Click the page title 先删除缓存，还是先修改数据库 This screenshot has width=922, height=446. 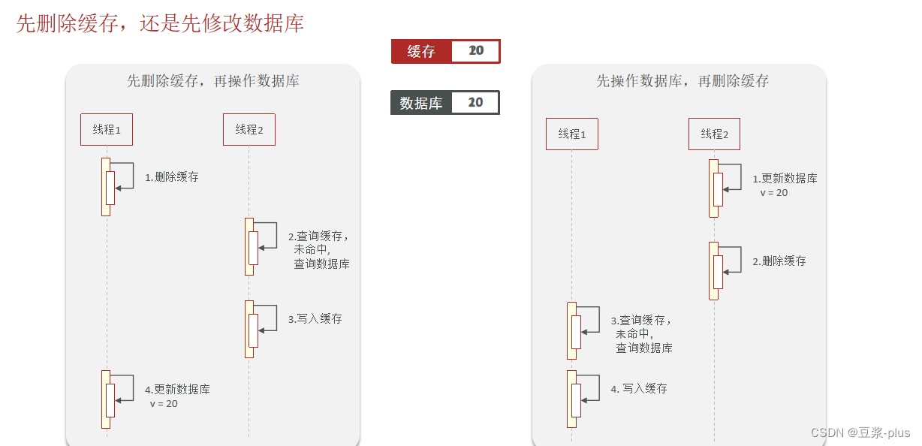(160, 23)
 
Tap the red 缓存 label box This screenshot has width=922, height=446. (421, 51)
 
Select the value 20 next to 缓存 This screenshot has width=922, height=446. (476, 51)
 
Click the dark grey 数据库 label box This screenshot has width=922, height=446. (420, 103)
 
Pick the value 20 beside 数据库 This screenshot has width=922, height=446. (475, 103)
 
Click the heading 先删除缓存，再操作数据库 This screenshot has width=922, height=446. (212, 81)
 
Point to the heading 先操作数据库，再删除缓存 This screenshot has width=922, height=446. (682, 81)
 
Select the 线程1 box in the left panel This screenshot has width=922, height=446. (107, 129)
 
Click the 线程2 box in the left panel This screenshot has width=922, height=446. (249, 129)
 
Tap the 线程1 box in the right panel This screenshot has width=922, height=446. (572, 134)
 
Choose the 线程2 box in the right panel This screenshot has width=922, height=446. (714, 134)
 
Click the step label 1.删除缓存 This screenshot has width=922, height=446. (172, 177)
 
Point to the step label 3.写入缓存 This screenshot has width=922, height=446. (315, 319)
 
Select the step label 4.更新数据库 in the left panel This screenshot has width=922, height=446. (177, 390)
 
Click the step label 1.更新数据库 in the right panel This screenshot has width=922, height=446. (785, 179)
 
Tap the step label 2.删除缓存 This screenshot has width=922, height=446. (779, 261)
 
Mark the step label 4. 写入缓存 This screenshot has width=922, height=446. (639, 389)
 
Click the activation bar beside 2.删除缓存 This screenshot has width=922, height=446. (715, 271)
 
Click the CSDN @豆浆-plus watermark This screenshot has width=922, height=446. (860, 432)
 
